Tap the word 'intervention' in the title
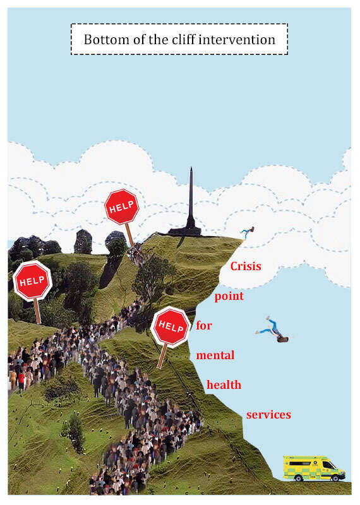[x=237, y=40]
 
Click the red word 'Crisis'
[x=246, y=266]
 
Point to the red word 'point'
[x=229, y=296]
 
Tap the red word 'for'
[x=204, y=325]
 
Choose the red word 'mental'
[x=215, y=355]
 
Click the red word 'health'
[x=224, y=384]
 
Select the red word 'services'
[x=268, y=415]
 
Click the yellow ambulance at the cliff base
[x=314, y=468]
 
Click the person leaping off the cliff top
[x=248, y=232]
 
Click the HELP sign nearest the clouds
[x=122, y=207]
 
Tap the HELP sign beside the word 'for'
[x=171, y=326]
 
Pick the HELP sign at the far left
[x=32, y=281]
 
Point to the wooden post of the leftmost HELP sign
[x=38, y=311]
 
